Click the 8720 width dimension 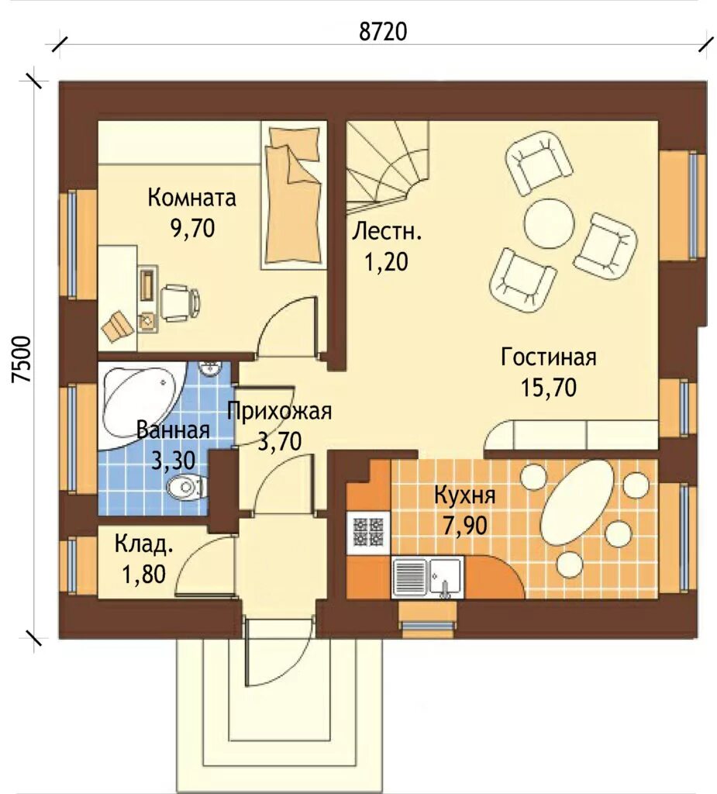[383, 31]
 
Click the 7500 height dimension [22, 359]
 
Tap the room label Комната [192, 198]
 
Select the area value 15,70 [548, 388]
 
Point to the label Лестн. [387, 231]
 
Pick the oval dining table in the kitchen [577, 502]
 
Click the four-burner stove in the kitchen [368, 532]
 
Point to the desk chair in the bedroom [181, 301]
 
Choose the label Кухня [465, 495]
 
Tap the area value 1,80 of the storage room [143, 575]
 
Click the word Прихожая [279, 411]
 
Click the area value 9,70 [193, 229]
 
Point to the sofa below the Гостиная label [571, 436]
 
